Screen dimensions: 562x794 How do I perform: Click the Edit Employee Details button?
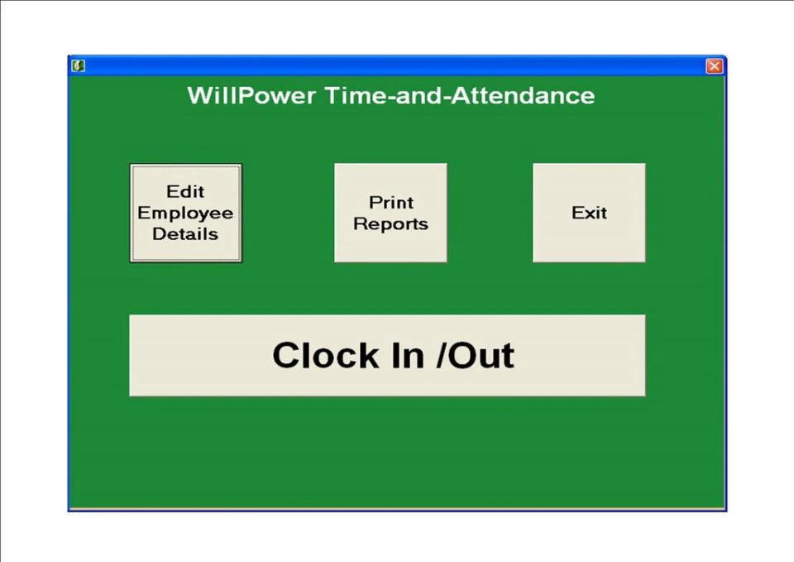pyautogui.click(x=185, y=213)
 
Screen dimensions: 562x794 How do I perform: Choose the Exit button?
pyautogui.click(x=589, y=213)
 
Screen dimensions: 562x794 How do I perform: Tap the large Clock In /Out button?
pyautogui.click(x=387, y=355)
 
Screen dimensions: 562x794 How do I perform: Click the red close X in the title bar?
pyautogui.click(x=714, y=66)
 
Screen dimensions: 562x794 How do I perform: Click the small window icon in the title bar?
pyautogui.click(x=79, y=66)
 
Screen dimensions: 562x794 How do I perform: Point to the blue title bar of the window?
pyautogui.click(x=389, y=65)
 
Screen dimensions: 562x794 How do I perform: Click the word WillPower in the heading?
pyautogui.click(x=251, y=95)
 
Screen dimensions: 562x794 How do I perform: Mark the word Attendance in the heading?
pyautogui.click(x=522, y=95)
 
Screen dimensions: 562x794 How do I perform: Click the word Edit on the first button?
pyautogui.click(x=185, y=192)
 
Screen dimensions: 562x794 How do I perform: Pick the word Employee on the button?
pyautogui.click(x=185, y=214)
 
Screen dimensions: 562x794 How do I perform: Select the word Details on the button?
pyautogui.click(x=185, y=234)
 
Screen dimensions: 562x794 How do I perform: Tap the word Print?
pyautogui.click(x=391, y=203)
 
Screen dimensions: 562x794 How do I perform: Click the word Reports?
pyautogui.click(x=391, y=224)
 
